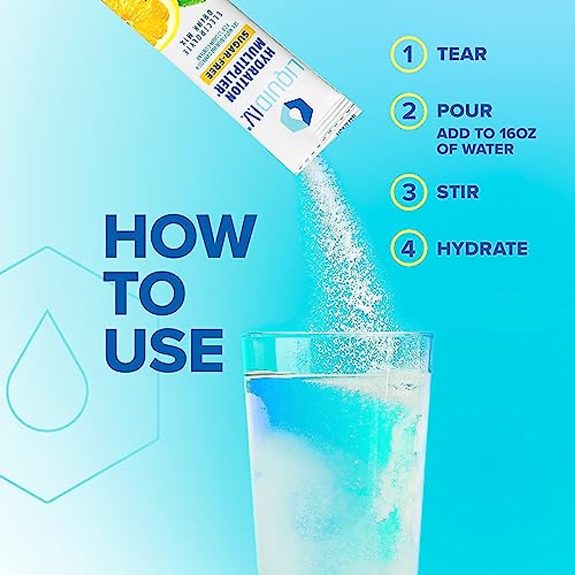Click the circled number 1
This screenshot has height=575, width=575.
pos(408,54)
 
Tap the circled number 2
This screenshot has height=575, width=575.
pos(408,111)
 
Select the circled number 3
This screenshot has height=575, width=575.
pos(408,193)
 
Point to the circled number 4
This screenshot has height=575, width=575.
pos(408,249)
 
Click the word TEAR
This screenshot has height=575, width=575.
pos(462,54)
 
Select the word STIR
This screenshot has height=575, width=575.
pos(458,193)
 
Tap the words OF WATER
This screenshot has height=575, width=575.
pos(475,148)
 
